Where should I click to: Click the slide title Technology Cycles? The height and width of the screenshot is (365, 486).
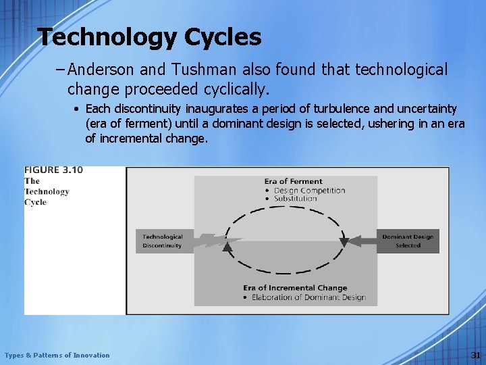149,37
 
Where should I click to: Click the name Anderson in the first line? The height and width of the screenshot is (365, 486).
99,70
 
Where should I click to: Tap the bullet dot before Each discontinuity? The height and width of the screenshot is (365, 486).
78,109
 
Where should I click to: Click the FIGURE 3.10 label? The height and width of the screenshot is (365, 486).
53,170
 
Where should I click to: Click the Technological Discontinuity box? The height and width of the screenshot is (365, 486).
163,241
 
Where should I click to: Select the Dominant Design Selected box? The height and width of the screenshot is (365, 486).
408,241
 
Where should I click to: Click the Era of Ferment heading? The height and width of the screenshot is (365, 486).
293,181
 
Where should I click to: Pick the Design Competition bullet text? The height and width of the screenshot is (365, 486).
309,190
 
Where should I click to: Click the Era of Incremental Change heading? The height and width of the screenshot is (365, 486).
295,289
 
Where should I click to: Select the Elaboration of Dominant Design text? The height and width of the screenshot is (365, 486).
308,297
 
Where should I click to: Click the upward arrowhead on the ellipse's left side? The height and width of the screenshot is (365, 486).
227,247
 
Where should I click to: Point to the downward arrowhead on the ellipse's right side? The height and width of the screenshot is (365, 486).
344,241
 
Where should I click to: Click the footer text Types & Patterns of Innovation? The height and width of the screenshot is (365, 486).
57,356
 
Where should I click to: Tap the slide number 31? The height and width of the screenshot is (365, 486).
476,356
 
